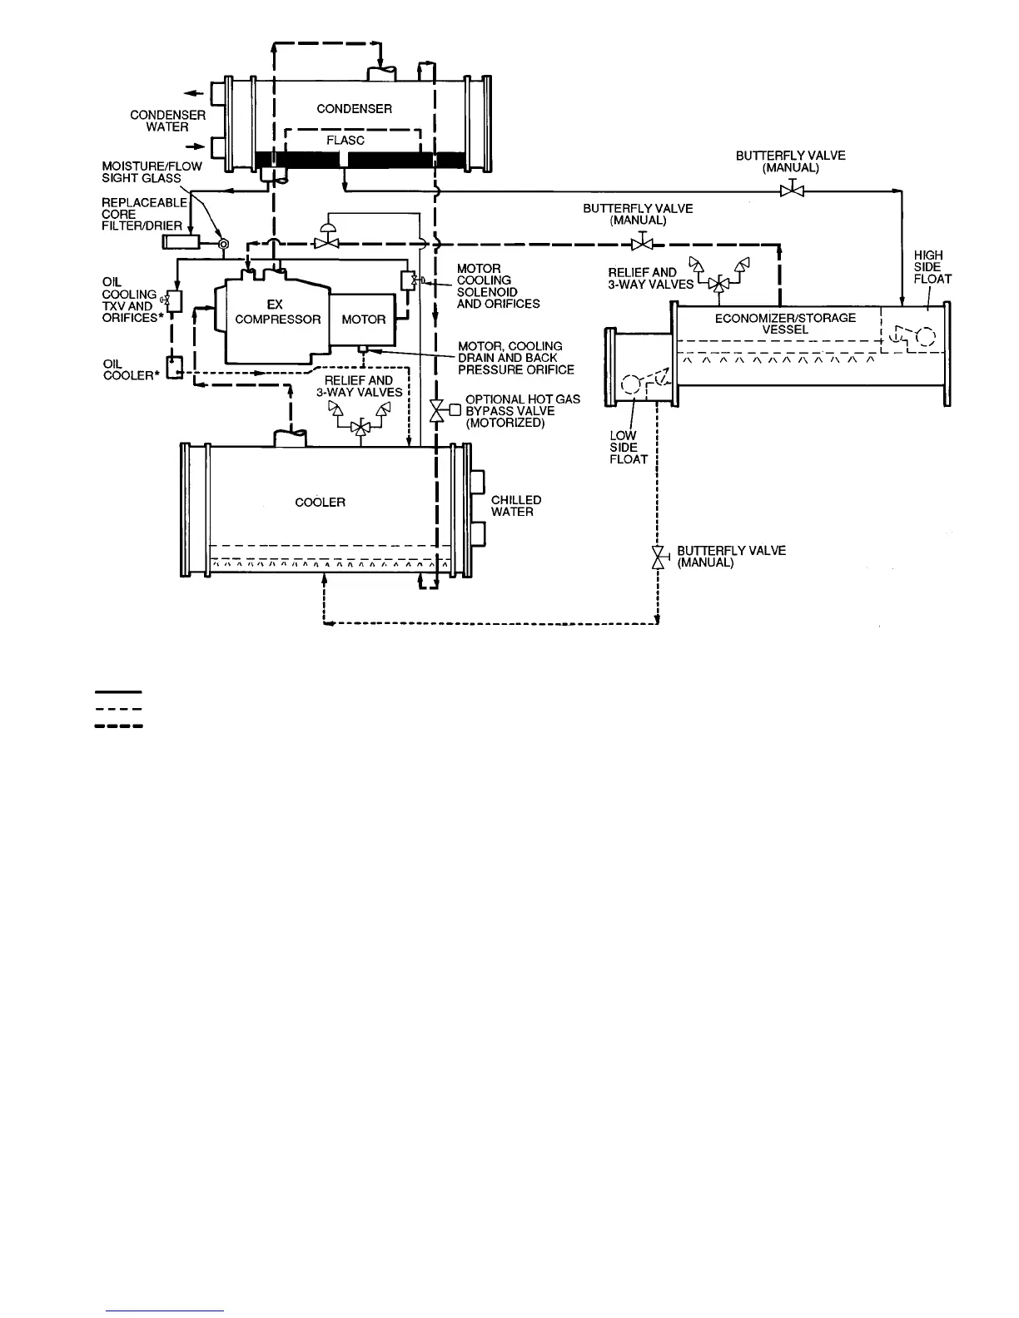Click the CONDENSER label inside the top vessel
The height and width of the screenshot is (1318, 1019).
pyautogui.click(x=354, y=109)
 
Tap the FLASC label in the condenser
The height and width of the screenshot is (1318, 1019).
pyautogui.click(x=345, y=141)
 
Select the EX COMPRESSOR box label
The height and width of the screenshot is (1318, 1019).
pyautogui.click(x=277, y=313)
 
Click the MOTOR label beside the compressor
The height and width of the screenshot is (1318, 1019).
pyautogui.click(x=364, y=320)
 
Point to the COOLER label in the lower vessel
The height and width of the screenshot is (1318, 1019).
pyautogui.click(x=321, y=503)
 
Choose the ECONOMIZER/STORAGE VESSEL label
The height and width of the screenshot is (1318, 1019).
pyautogui.click(x=785, y=323)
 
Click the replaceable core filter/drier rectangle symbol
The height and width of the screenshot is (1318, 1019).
pyautogui.click(x=181, y=242)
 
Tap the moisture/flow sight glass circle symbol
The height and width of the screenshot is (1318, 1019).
pyautogui.click(x=222, y=243)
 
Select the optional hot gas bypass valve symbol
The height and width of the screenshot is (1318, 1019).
pyautogui.click(x=436, y=410)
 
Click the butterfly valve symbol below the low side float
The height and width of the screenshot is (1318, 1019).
pyautogui.click(x=658, y=557)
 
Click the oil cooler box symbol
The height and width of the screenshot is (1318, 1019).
pyautogui.click(x=174, y=367)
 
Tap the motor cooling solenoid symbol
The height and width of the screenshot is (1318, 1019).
pyautogui.click(x=408, y=280)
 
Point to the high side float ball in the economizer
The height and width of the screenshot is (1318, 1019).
pyautogui.click(x=924, y=337)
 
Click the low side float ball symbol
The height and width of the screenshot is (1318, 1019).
pyautogui.click(x=632, y=384)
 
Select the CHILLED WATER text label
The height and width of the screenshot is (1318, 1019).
pyautogui.click(x=516, y=506)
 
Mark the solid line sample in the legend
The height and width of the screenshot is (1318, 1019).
pyautogui.click(x=119, y=691)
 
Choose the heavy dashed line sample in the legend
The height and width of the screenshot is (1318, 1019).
pyautogui.click(x=119, y=726)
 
